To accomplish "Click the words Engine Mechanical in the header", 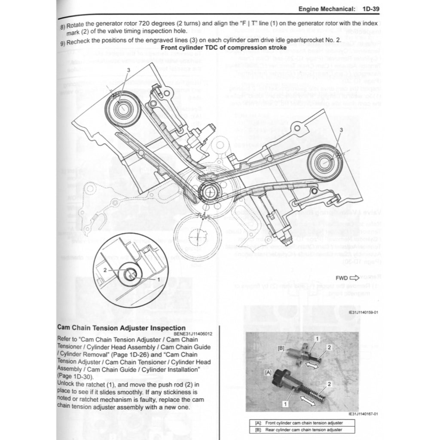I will coord(327,9).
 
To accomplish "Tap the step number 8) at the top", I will coord(63,26).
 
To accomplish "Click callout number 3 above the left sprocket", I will coord(128,69).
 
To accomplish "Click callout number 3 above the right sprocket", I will coord(341,129).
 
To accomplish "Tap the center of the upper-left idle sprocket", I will coord(122,108).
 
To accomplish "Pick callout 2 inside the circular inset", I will coord(104,270).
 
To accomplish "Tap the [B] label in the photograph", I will coord(281,347).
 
